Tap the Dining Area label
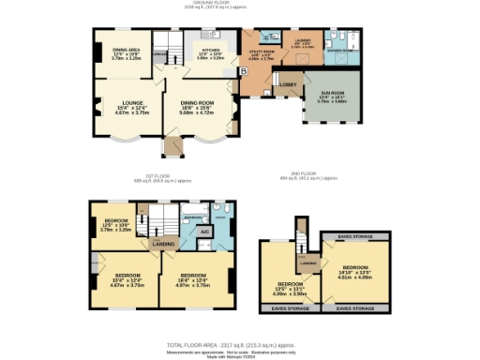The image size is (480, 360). [x=127, y=52]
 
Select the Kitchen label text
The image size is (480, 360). [x=209, y=52]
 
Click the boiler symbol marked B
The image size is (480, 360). [x=244, y=71]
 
